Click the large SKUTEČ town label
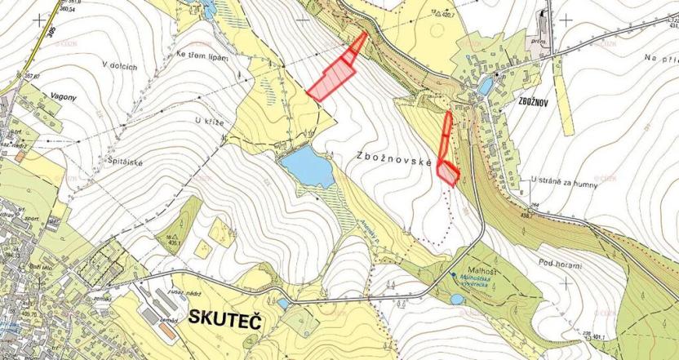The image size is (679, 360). pos(224,318)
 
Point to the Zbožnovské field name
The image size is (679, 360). pos(393,158)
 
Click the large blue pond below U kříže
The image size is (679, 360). pos(306,167)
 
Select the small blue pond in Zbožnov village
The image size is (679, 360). pos(485,85)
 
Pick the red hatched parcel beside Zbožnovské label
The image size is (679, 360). pos(447,172)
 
